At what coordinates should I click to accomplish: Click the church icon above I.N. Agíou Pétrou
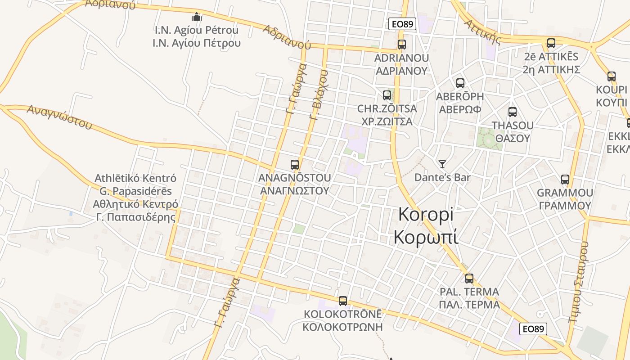[x=197, y=17]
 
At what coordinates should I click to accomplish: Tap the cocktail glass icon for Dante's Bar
[x=442, y=164]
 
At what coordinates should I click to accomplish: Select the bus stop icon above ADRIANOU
[x=402, y=45]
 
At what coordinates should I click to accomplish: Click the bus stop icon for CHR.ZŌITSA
[x=387, y=95]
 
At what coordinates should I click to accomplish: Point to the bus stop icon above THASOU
[x=512, y=112]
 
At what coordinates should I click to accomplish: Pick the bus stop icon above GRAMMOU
[x=565, y=180]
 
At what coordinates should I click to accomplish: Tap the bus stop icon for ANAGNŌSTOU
[x=295, y=165]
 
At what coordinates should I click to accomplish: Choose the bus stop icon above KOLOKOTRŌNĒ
[x=343, y=301]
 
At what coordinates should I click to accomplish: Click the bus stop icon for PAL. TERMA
[x=469, y=279]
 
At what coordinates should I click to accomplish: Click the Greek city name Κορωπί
[x=426, y=237]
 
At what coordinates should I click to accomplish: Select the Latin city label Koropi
[x=426, y=215]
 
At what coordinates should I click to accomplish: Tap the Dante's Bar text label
[x=442, y=178]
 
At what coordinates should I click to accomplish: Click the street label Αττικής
[x=483, y=32]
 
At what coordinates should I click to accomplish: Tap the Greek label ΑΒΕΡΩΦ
[x=460, y=109]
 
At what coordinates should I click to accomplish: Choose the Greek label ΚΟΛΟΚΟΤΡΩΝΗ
[x=342, y=327]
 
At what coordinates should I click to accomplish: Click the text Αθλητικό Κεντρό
[x=135, y=204]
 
